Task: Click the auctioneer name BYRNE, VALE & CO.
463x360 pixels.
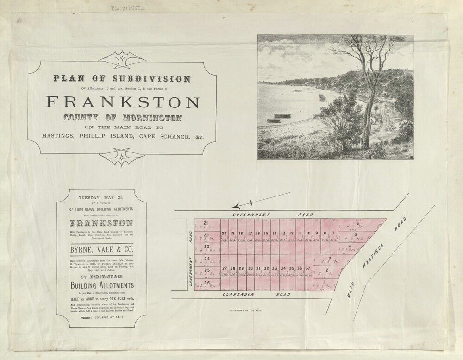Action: tap(101, 250)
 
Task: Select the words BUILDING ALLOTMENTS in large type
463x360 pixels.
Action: tap(101, 285)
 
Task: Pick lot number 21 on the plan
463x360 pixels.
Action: tap(206, 223)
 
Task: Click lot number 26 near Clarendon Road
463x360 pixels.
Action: tap(206, 283)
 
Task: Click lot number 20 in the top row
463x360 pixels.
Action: tap(224, 233)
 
